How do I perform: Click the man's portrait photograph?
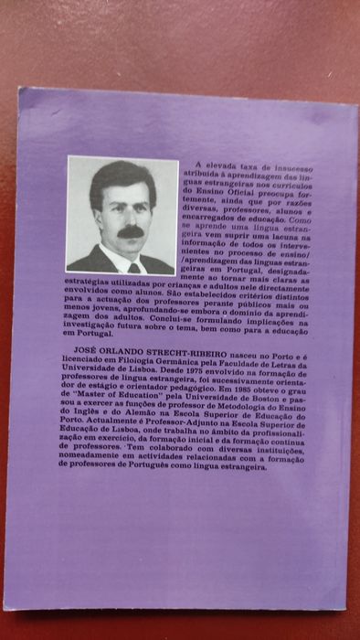[x=122, y=216]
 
